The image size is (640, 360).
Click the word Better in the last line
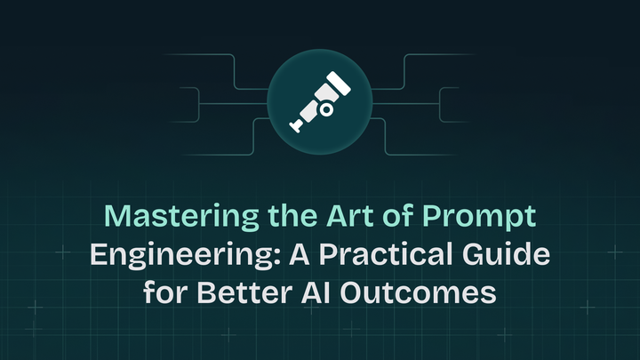pyautogui.click(x=234, y=293)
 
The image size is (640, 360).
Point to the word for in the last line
pyautogui.click(x=164, y=293)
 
